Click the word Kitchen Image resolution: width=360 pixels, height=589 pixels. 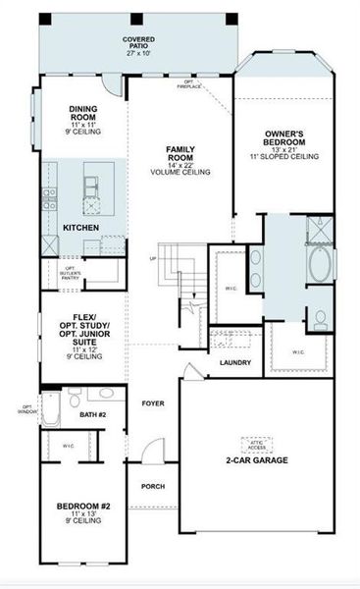point(80,227)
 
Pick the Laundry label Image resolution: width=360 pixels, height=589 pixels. point(235,363)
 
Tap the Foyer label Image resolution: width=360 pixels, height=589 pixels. point(152,403)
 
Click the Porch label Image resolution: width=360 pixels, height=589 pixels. point(152,486)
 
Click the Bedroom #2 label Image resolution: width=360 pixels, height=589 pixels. point(82,509)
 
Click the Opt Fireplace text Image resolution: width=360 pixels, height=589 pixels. point(189,85)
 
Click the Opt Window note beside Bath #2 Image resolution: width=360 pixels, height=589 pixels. point(27,410)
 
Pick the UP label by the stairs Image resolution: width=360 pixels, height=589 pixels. point(152,259)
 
